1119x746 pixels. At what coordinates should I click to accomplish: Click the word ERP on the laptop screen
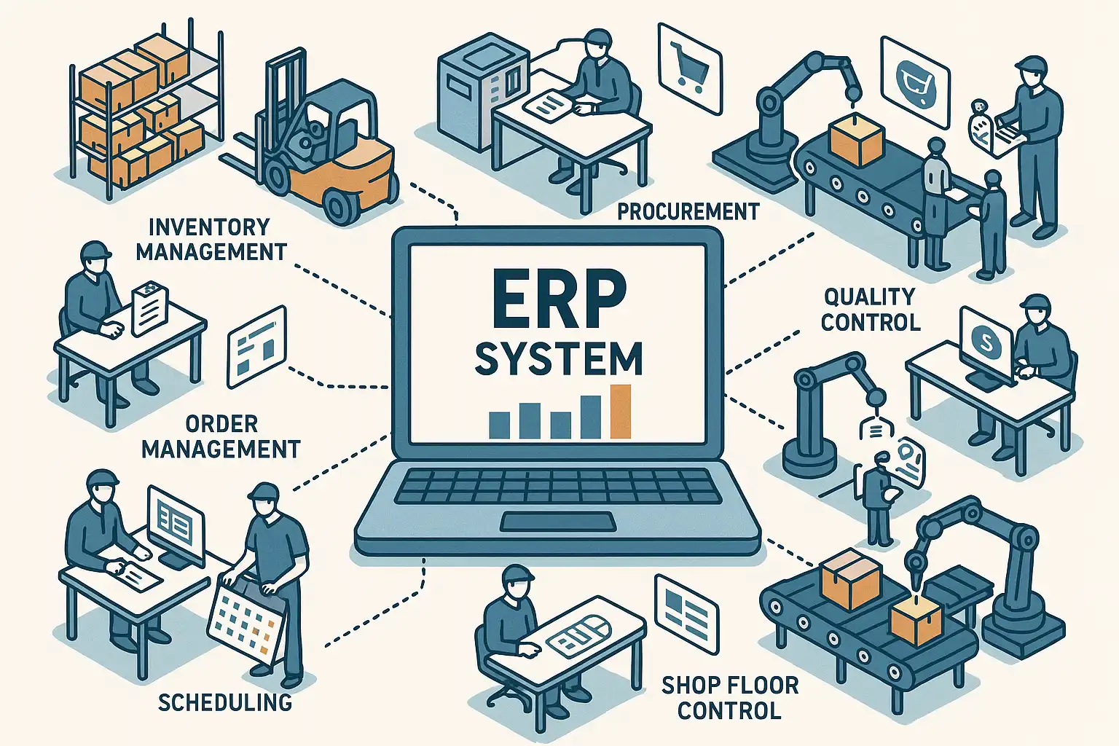pyautogui.click(x=558, y=299)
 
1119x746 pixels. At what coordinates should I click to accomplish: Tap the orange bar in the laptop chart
pyautogui.click(x=620, y=412)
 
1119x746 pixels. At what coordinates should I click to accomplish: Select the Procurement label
pyautogui.click(x=688, y=212)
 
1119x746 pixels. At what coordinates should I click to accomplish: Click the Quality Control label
pyautogui.click(x=870, y=309)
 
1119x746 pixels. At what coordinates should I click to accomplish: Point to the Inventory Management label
pyautogui.click(x=211, y=239)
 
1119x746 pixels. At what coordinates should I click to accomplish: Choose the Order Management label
pyautogui.click(x=221, y=436)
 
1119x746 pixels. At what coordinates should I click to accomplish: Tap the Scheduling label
pyautogui.click(x=225, y=702)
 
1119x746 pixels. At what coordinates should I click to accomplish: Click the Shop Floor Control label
pyautogui.click(x=730, y=696)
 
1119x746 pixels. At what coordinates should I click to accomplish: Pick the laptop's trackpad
pyautogui.click(x=557, y=522)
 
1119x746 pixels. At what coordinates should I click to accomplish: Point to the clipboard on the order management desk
pyautogui.click(x=150, y=309)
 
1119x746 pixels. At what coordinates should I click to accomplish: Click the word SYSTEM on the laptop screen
pyautogui.click(x=558, y=358)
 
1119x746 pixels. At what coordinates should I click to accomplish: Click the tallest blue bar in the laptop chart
pyautogui.click(x=591, y=417)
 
